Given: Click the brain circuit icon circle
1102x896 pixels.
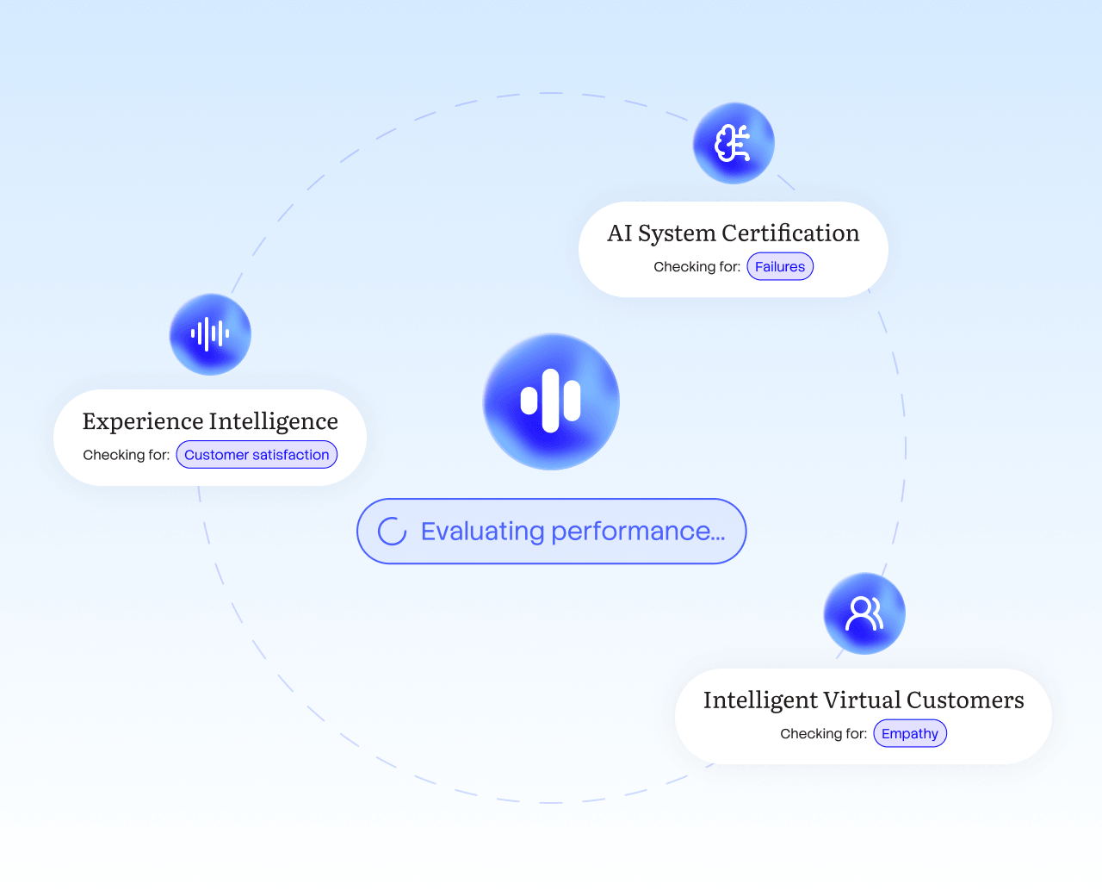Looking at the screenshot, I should point(734,143).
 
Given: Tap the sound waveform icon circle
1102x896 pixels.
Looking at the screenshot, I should point(210,334).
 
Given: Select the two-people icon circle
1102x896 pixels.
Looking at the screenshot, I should point(864,613).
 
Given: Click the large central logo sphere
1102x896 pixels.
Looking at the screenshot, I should point(551,401).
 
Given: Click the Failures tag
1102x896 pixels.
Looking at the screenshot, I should point(780,267).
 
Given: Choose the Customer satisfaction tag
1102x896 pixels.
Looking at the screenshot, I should point(257,455).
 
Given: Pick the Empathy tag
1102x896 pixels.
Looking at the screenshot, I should point(910,734).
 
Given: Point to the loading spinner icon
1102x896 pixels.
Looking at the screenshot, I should point(393,532).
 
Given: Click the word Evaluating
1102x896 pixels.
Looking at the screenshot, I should point(482,532).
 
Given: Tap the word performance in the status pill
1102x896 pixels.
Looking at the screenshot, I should point(637,532).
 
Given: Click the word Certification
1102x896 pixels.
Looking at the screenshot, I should point(790,233).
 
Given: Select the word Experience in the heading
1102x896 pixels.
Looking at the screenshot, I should point(142,421).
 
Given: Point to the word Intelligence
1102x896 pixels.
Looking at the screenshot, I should point(274,421).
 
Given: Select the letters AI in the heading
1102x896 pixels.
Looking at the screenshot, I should point(620,233).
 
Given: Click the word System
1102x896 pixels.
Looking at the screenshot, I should point(677,234).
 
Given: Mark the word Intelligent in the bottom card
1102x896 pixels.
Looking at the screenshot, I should point(760,700).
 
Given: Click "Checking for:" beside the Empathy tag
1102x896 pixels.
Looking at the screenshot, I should point(823,734).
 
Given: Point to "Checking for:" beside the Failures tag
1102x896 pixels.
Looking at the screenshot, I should point(696,267).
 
